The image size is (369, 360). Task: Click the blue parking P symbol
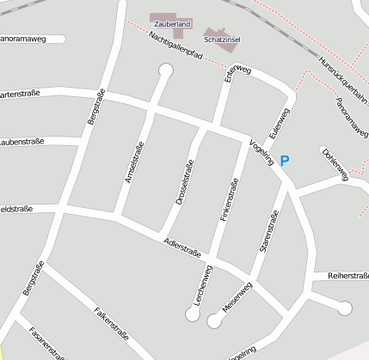click(x=286, y=160)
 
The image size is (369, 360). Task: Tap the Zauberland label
click(x=172, y=25)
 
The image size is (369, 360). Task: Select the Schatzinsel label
click(x=221, y=40)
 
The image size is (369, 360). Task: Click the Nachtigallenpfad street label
click(x=175, y=47)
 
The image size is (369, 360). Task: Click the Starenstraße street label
click(x=269, y=230)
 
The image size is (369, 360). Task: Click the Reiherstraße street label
click(x=347, y=277)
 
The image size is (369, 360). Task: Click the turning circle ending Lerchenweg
click(x=193, y=314)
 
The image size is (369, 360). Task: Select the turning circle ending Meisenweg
click(x=213, y=320)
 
